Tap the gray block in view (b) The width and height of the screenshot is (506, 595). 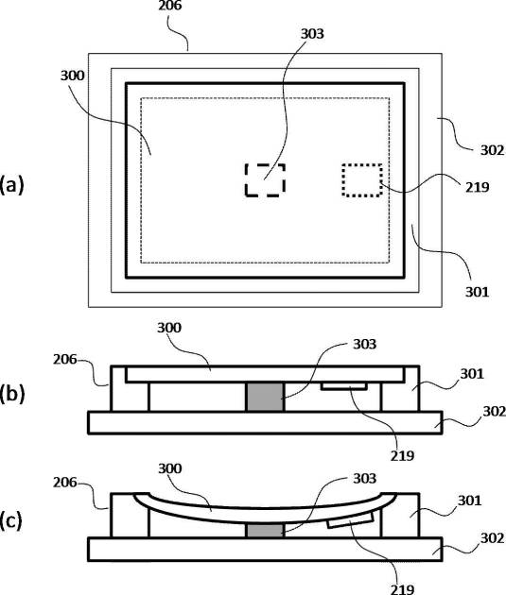point(265,397)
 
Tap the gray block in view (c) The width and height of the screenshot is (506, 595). point(265,531)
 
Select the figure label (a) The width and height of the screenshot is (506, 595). point(11,185)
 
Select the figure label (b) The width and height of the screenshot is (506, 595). point(11,394)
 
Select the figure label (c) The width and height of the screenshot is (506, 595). point(11,520)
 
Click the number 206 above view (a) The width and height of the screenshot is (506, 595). point(170,6)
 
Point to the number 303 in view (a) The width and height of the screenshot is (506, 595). point(312,34)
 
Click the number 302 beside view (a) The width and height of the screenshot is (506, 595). point(493,151)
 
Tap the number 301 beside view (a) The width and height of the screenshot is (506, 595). point(477,292)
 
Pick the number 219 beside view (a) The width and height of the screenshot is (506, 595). point(477,187)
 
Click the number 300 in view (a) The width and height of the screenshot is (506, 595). point(72,76)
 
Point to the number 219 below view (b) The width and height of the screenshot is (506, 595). point(402,456)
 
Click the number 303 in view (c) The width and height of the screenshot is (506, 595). point(365,479)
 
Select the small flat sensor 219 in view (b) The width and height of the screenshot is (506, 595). point(343,386)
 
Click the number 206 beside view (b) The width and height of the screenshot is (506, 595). point(65,359)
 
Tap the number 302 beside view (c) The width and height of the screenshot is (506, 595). point(493,538)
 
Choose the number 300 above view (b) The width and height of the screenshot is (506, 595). point(169,328)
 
